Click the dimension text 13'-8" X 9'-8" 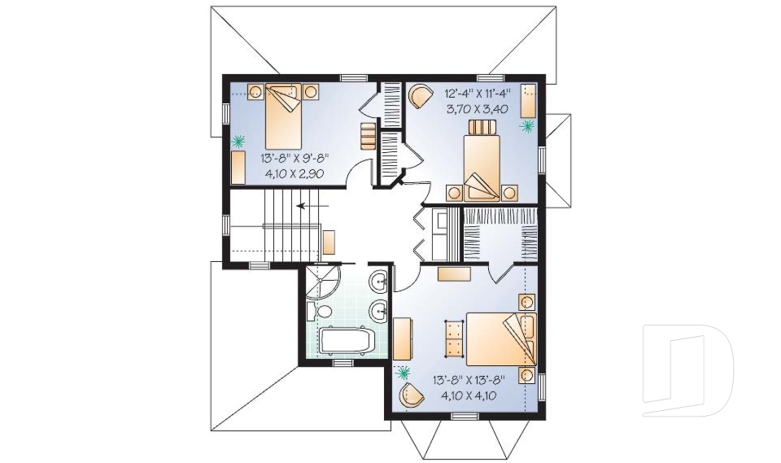coord(295,158)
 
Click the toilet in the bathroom coord(320,312)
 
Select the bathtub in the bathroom coord(345,340)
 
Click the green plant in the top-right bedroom coord(527,126)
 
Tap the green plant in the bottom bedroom coord(403,373)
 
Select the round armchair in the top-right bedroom coord(419,96)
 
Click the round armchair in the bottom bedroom coord(412,397)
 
